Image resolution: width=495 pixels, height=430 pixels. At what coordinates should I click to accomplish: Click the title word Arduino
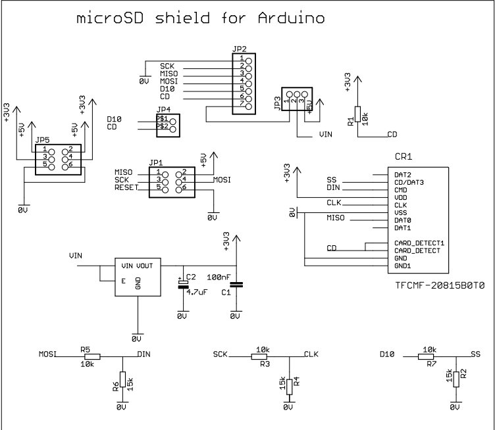[x=289, y=18]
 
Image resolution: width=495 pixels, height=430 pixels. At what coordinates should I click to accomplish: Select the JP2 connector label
[x=240, y=49]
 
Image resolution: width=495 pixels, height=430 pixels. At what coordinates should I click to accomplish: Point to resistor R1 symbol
[x=357, y=113]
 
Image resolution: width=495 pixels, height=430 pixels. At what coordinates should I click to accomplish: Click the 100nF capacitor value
[x=219, y=277]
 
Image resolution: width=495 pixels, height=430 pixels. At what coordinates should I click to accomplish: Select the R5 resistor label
[x=85, y=348]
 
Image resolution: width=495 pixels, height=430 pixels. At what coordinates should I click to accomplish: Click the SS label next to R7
[x=476, y=354]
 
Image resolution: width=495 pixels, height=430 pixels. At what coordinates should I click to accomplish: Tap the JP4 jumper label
[x=163, y=110]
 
